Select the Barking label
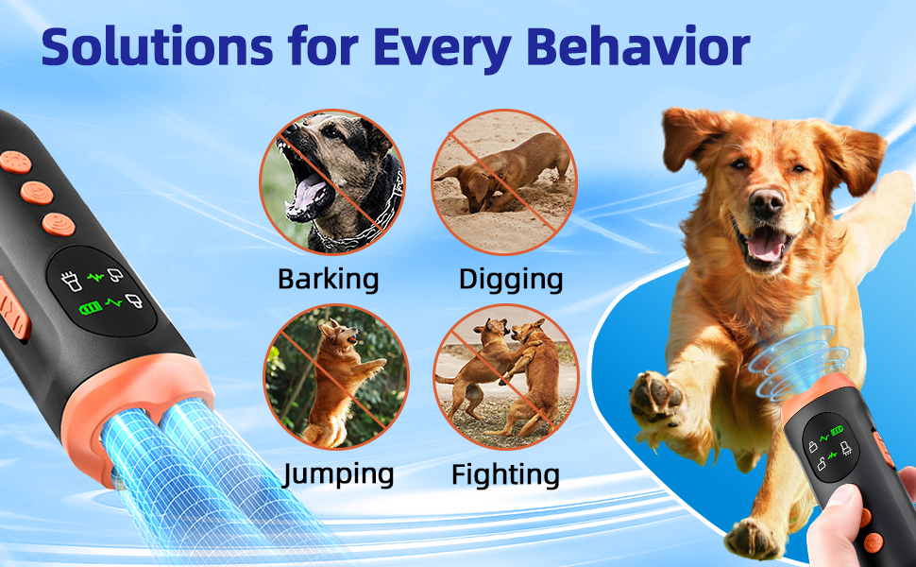[x=329, y=280]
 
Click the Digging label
[x=511, y=280]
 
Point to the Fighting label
[x=505, y=472]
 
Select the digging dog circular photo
[x=503, y=181]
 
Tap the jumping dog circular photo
[x=334, y=376]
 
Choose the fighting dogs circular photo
[x=505, y=376]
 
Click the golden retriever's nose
[x=767, y=200]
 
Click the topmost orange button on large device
[x=14, y=160]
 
